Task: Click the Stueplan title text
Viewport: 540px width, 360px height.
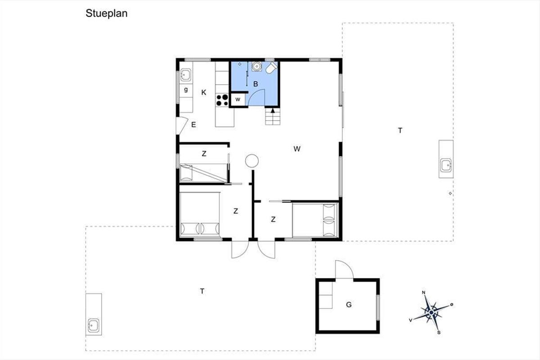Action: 107,14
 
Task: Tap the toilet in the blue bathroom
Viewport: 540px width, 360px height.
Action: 271,68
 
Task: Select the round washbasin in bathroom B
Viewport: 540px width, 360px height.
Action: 256,66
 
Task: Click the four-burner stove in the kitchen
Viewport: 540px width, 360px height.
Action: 222,100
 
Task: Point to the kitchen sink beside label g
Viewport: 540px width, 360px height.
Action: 186,75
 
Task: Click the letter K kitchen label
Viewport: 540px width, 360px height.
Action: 204,92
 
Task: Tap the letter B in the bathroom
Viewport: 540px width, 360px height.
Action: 256,84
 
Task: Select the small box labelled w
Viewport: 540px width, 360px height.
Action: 238,99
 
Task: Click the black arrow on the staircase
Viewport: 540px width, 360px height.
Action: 273,110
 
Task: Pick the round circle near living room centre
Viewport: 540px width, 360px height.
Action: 252,161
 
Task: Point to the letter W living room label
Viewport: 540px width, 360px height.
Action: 297,149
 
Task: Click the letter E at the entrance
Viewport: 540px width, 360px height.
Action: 193,125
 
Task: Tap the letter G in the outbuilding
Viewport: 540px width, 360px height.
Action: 349,305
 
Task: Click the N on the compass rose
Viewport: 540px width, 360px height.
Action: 423,293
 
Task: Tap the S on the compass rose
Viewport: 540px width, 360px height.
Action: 439,333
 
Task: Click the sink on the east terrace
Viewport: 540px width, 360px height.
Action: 446,165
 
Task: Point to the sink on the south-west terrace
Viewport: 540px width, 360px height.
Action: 93,325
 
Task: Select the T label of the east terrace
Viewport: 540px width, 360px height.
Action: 400,130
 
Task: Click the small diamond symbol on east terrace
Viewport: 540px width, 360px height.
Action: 450,193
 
